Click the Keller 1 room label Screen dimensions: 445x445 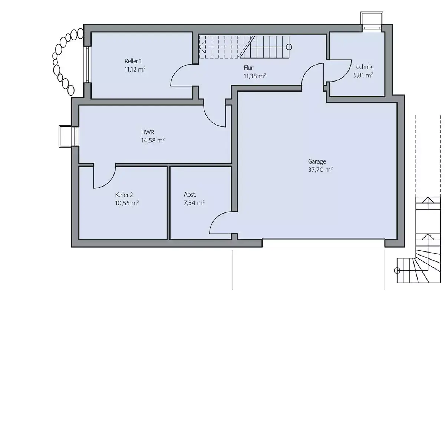click(x=133, y=61)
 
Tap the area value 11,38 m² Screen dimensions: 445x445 click(x=255, y=76)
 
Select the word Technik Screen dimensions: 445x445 click(x=363, y=67)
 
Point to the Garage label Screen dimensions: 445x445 click(x=317, y=161)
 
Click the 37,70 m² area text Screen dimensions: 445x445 click(x=320, y=170)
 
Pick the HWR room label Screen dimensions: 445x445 click(x=148, y=132)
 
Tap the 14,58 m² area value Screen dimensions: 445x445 click(x=153, y=141)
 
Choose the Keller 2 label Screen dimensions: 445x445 click(x=124, y=195)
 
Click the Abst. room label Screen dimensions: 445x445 click(x=190, y=195)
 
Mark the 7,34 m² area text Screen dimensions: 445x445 click(x=194, y=203)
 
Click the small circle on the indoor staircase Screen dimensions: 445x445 click(x=289, y=47)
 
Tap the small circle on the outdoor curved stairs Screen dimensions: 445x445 click(x=397, y=270)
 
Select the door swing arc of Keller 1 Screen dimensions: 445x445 click(x=176, y=72)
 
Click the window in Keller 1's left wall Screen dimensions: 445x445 click(x=87, y=65)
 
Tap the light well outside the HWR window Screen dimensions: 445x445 click(x=66, y=136)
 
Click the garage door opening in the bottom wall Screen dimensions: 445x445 click(x=323, y=243)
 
